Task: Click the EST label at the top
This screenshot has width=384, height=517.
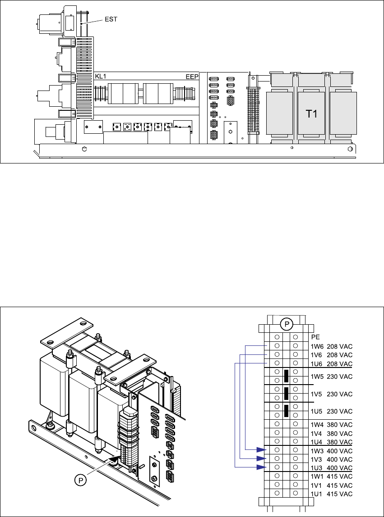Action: point(111,19)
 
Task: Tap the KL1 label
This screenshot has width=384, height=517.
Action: point(101,77)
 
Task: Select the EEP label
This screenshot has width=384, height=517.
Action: point(192,77)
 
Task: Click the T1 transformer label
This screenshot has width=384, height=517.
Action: point(311,114)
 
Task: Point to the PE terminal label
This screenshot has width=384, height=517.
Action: point(315,337)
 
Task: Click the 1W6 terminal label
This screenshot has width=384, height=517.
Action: point(317,346)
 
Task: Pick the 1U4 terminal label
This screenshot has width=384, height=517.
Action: point(317,442)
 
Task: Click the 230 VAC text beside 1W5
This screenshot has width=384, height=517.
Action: point(340,376)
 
